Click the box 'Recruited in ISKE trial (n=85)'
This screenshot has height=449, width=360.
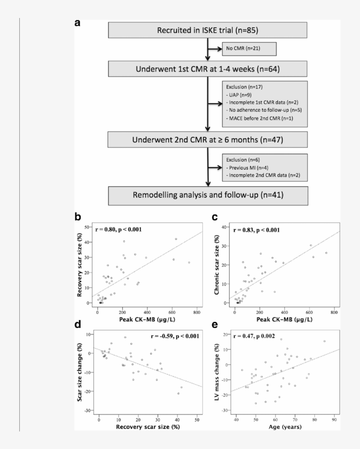click(x=207, y=30)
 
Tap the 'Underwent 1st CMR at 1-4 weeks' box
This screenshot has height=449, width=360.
click(x=207, y=68)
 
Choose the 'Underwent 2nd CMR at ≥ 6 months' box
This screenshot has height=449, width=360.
click(x=207, y=140)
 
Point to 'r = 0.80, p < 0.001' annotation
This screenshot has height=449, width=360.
click(x=119, y=229)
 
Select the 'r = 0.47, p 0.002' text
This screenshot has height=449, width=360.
click(x=256, y=336)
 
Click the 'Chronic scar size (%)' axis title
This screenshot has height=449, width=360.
click(x=216, y=266)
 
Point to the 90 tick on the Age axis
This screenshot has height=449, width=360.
click(x=334, y=418)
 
